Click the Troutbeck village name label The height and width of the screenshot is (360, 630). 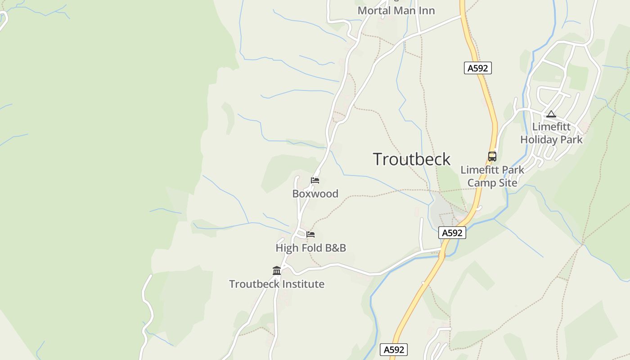(x=411, y=159)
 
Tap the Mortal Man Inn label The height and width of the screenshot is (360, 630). (x=396, y=10)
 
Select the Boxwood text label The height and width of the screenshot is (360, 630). (x=315, y=194)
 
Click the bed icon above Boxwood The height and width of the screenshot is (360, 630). (x=315, y=180)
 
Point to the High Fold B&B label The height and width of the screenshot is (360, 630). (x=310, y=248)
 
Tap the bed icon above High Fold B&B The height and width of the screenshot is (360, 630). (x=310, y=234)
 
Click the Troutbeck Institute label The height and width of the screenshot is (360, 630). (x=276, y=284)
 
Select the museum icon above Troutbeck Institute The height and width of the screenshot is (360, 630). (x=277, y=270)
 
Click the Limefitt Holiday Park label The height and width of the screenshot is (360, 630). (x=551, y=133)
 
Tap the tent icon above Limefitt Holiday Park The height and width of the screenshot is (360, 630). (x=551, y=114)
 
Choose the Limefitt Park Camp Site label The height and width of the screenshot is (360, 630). (x=492, y=176)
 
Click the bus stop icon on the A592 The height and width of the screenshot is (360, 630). (x=492, y=157)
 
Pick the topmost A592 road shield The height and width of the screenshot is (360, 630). (x=477, y=68)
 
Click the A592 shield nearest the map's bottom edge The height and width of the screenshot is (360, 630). (x=394, y=350)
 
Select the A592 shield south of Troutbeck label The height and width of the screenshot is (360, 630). (x=452, y=233)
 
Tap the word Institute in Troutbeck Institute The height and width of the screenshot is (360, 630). (x=302, y=284)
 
